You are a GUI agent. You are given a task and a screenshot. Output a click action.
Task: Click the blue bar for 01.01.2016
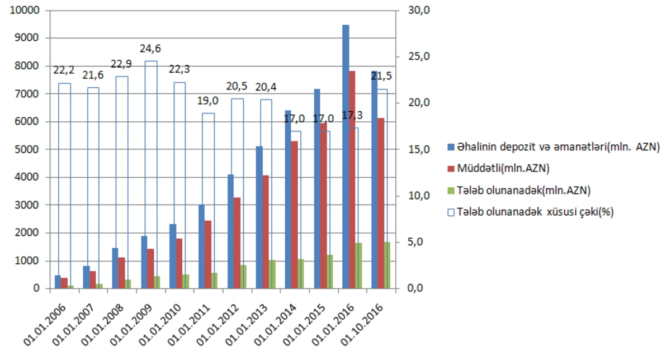click(346, 157)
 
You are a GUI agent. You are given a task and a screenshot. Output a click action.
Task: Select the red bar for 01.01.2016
click(352, 179)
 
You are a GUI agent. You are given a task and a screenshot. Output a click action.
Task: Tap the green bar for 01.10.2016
click(388, 265)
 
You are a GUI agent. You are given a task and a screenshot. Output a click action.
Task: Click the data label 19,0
click(207, 102)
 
